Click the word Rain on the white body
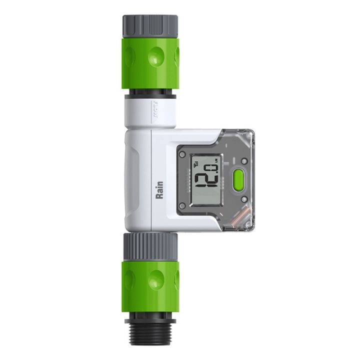[x=159, y=190]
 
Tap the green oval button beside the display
[x=238, y=179]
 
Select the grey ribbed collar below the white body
[x=150, y=243]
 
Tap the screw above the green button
[x=243, y=161]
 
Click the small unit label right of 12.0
[x=216, y=161]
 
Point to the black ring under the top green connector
[x=150, y=93]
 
